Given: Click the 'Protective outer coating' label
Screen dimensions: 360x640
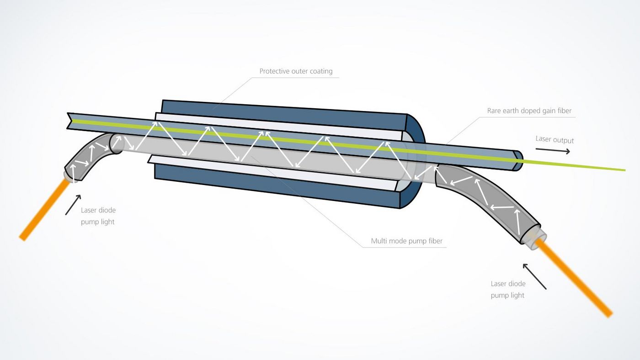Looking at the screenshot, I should pyautogui.click(x=296, y=71).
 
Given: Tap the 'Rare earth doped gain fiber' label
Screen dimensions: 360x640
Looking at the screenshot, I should pyautogui.click(x=529, y=111).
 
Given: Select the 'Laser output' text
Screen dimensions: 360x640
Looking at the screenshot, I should pyautogui.click(x=554, y=139).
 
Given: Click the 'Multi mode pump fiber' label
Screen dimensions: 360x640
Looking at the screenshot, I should pyautogui.click(x=406, y=241).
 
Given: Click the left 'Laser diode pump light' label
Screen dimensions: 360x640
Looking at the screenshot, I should pyautogui.click(x=98, y=216).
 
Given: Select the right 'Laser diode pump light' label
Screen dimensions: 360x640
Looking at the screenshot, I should pyautogui.click(x=508, y=289).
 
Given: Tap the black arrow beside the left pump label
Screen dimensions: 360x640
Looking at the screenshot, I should pyautogui.click(x=73, y=205).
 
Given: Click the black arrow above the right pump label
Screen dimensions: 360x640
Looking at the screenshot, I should pyautogui.click(x=534, y=276).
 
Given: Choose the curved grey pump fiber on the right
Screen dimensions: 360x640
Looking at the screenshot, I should pyautogui.click(x=485, y=196).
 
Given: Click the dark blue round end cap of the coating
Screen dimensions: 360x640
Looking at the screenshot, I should pyautogui.click(x=416, y=137).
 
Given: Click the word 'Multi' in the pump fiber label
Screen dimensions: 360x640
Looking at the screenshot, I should pyautogui.click(x=378, y=241).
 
